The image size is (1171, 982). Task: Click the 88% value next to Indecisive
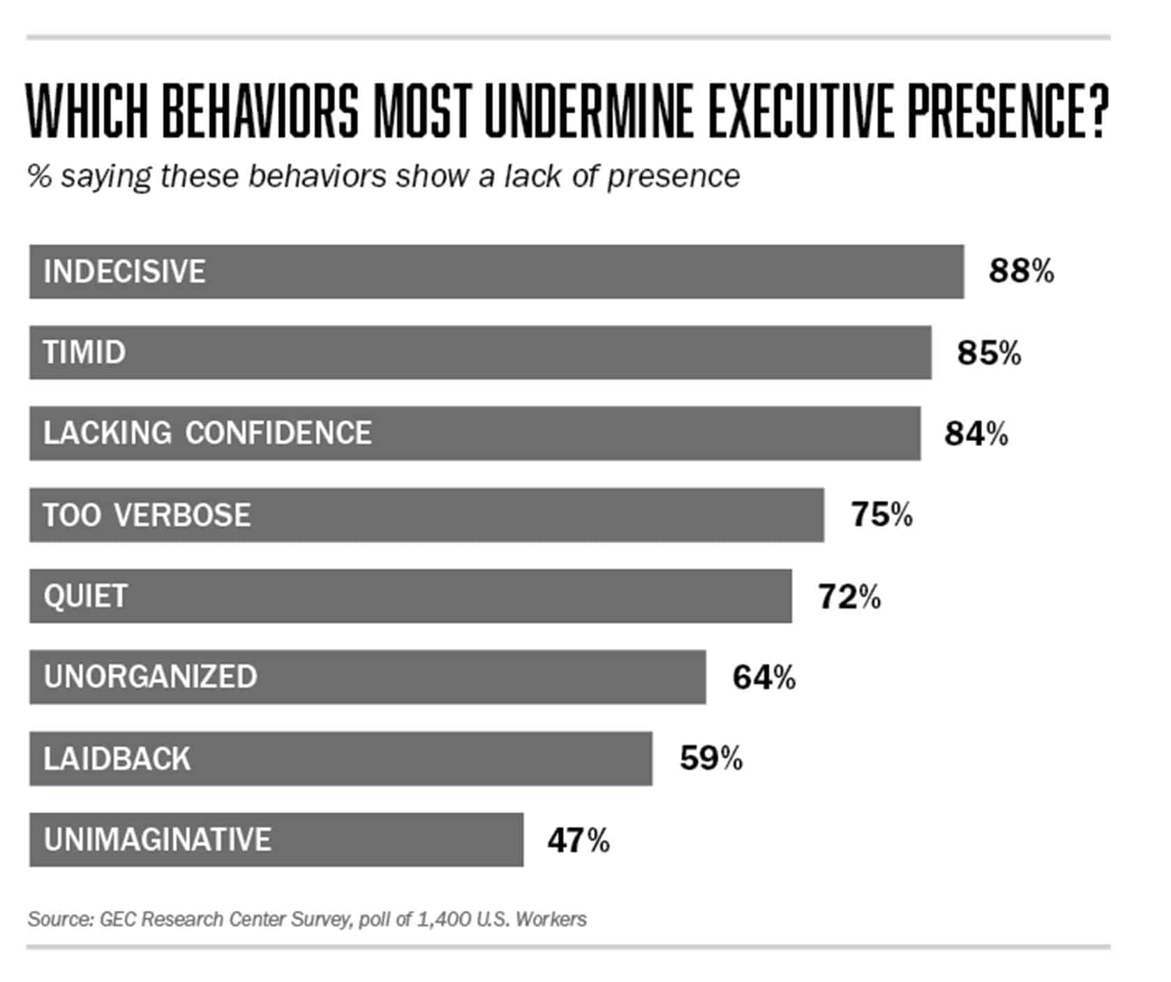click(1020, 271)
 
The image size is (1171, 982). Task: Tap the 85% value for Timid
click(989, 352)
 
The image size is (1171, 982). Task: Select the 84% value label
click(976, 433)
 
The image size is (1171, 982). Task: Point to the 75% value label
click(881, 515)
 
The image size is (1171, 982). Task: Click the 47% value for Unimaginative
click(578, 840)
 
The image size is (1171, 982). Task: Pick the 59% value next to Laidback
click(710, 759)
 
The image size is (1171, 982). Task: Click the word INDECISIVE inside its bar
click(124, 271)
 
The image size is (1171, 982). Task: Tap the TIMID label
click(84, 352)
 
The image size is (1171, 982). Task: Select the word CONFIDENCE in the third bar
click(278, 433)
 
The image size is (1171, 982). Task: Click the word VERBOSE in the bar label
click(182, 515)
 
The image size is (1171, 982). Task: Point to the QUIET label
click(85, 596)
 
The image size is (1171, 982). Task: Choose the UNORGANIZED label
click(150, 677)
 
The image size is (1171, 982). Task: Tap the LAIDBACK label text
click(117, 759)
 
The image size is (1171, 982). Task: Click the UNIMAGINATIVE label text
click(157, 840)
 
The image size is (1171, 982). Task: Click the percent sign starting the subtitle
click(40, 177)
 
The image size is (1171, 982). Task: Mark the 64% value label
click(763, 678)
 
